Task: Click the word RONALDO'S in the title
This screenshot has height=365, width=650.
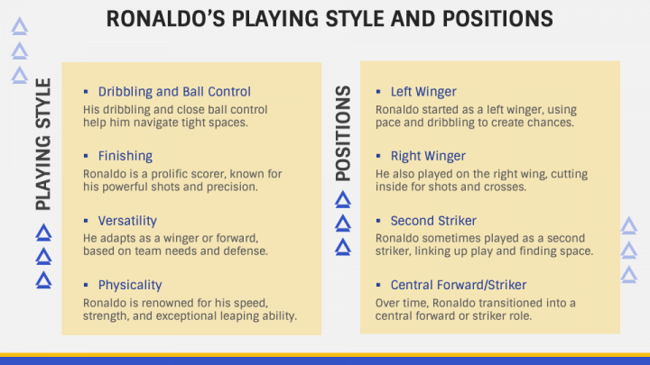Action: pos(166,19)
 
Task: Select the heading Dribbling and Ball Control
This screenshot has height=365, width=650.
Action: pos(174,91)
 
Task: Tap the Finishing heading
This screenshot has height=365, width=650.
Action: pos(125,156)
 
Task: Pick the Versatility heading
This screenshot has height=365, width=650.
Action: pos(127,221)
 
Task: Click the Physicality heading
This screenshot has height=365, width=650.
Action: pos(130,285)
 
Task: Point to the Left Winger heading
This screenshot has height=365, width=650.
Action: pos(423,91)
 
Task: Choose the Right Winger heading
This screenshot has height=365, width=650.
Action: pos(428,156)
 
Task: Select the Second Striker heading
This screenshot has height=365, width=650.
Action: pos(433,221)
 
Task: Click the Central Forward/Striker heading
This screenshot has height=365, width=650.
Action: pos(458,285)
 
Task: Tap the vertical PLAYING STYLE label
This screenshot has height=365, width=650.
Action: pos(43,144)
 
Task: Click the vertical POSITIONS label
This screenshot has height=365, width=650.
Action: pos(343,133)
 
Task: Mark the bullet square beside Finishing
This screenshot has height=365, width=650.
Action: pos(86,156)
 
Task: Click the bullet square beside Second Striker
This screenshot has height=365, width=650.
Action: pos(378,221)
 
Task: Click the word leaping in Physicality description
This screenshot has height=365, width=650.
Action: pos(237,316)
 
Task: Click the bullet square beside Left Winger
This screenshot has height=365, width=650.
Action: pos(378,91)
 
